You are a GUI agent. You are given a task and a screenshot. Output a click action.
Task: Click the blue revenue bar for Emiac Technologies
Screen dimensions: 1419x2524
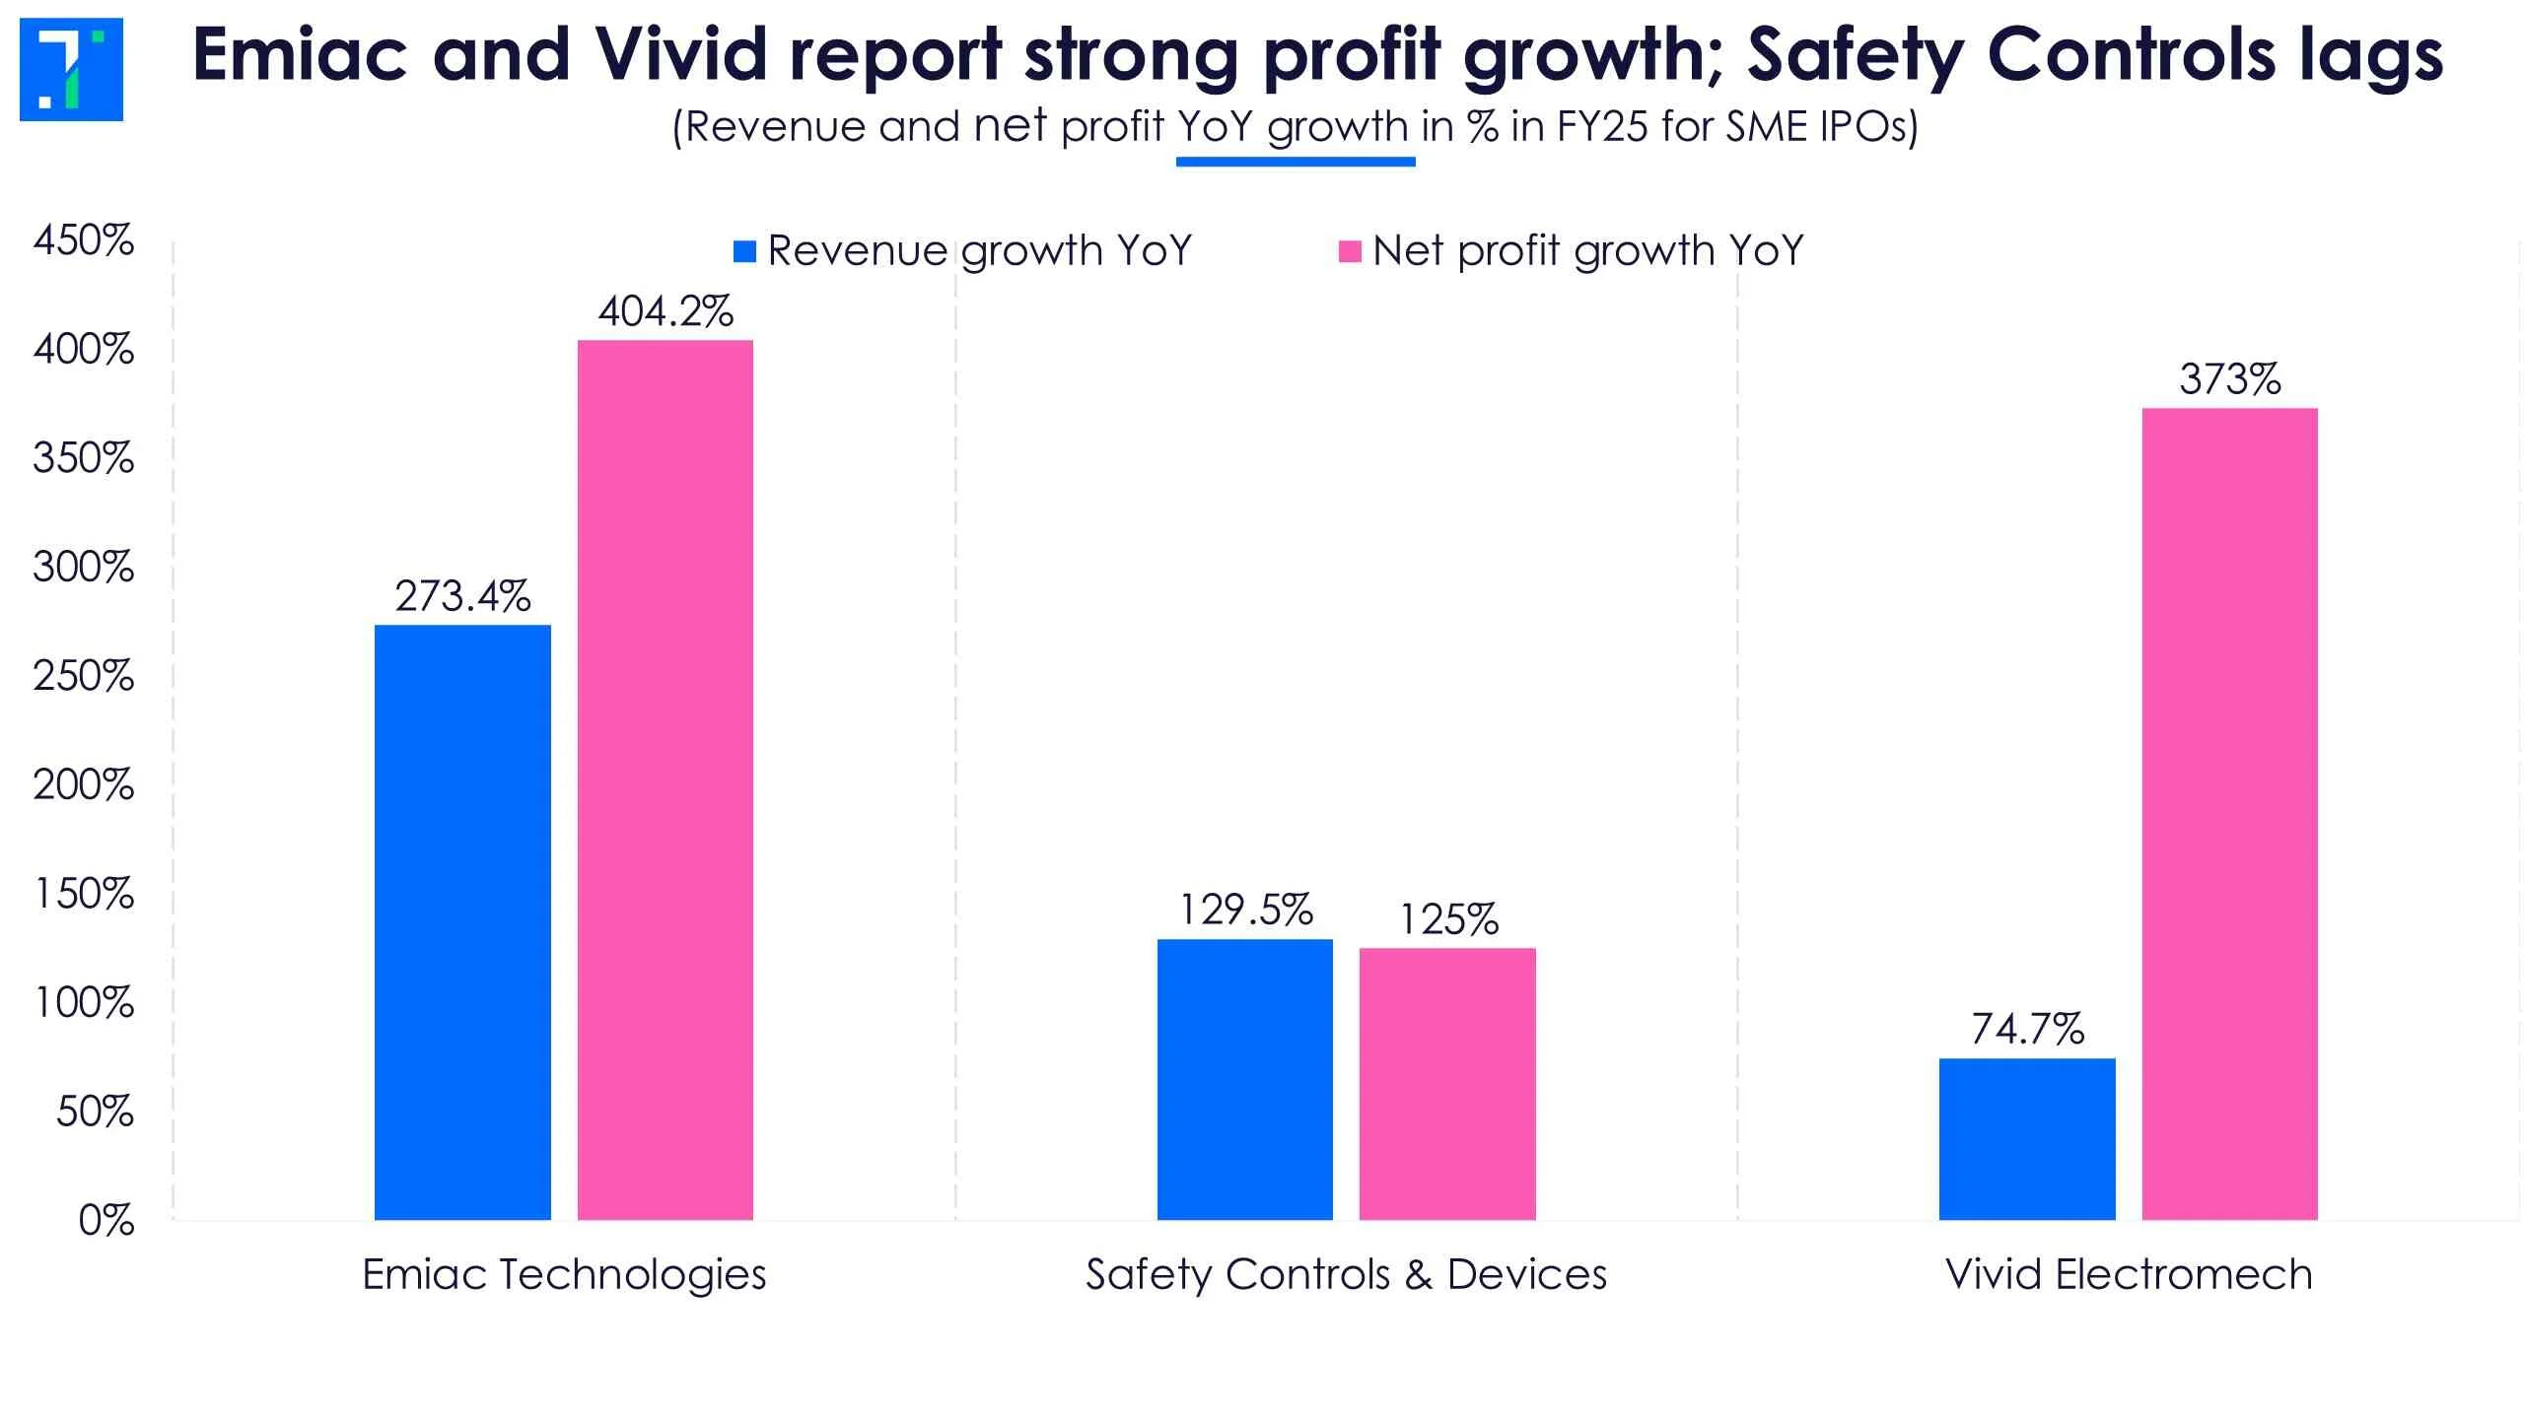[462, 922]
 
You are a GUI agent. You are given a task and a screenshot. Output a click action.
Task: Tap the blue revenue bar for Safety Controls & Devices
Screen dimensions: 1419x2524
[1245, 1080]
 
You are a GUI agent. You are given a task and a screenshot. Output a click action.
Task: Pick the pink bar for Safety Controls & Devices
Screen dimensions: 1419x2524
[1447, 1084]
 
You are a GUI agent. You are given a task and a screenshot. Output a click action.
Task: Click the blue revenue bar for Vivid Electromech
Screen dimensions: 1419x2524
[2027, 1139]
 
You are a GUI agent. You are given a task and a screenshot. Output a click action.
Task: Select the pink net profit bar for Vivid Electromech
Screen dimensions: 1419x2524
[2230, 814]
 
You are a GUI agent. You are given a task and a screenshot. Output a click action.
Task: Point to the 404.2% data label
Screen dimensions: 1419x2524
[666, 312]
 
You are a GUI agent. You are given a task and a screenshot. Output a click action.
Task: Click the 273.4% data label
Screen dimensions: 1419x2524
[462, 596]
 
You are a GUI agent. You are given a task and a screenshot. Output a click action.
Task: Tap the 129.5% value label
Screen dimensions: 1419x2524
[1246, 911]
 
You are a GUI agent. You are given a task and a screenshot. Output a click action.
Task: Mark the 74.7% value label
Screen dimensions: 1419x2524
[2028, 1030]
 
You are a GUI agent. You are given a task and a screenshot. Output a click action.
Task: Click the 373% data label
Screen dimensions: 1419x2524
[2230, 379]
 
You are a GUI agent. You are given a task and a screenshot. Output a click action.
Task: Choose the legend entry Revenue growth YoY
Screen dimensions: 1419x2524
[979, 251]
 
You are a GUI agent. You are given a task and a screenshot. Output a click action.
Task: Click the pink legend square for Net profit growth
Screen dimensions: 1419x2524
[1350, 251]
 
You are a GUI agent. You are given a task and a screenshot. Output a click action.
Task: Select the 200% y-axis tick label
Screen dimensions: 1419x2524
[84, 785]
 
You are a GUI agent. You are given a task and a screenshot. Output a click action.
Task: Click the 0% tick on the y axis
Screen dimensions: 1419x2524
[106, 1221]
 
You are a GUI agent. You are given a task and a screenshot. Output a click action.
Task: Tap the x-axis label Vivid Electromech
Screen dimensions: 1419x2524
[2129, 1275]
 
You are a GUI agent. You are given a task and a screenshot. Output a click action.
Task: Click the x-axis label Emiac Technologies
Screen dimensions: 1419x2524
[564, 1275]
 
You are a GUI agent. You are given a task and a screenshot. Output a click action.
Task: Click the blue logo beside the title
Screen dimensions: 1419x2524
[71, 69]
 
